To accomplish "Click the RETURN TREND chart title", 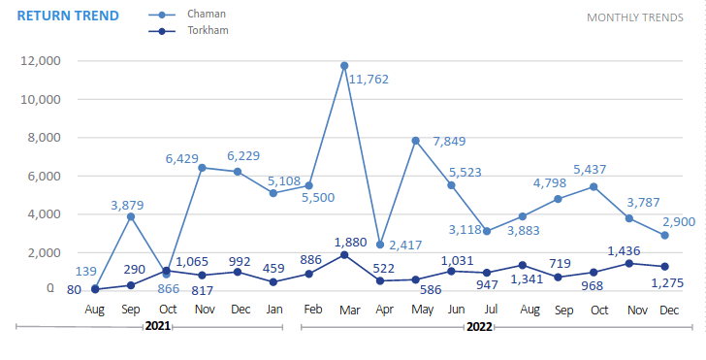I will [68, 16].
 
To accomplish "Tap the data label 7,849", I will [448, 142].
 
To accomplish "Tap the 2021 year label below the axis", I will [158, 327].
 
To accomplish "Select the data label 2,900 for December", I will [678, 222].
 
